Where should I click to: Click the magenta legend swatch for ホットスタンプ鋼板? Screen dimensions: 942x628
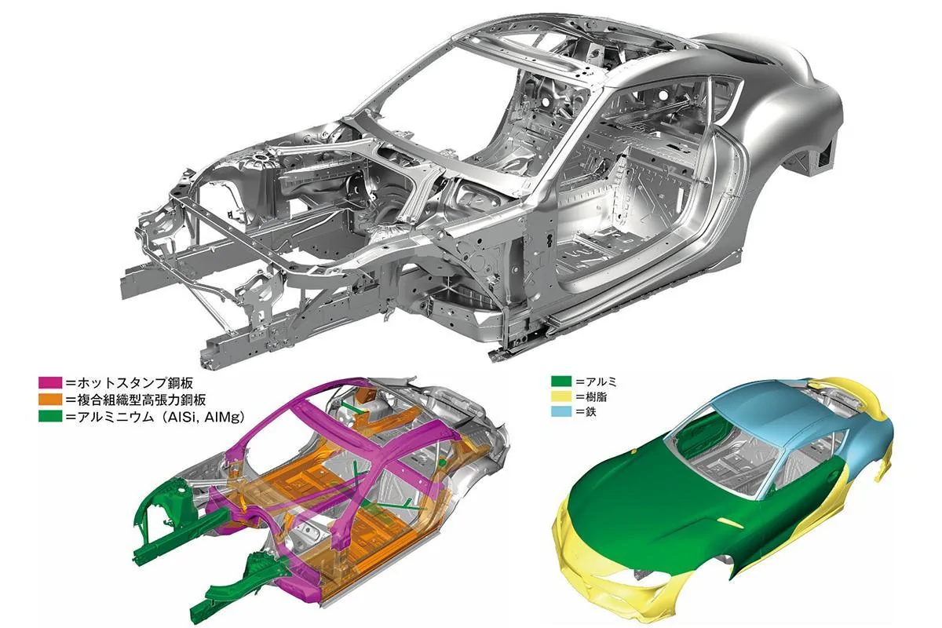coord(50,383)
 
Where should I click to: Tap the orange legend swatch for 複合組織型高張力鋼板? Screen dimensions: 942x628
coord(50,400)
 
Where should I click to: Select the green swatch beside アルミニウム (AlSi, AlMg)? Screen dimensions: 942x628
coord(50,416)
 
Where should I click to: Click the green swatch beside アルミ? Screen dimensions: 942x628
coord(561,382)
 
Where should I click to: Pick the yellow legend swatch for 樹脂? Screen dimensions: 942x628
coord(561,396)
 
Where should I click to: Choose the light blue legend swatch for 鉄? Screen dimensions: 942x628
coord(561,411)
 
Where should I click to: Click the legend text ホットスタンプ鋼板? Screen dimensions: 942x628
coord(135,383)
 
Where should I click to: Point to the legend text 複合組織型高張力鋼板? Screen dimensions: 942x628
coord(141,400)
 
